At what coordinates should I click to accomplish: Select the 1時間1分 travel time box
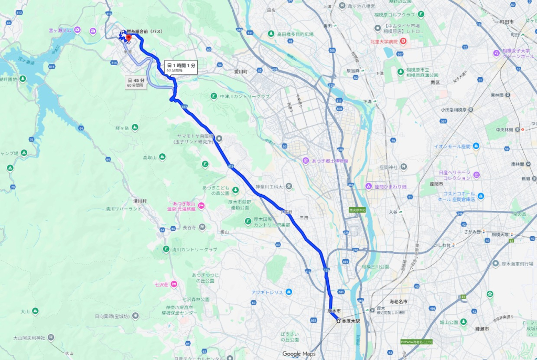(x=181, y=67)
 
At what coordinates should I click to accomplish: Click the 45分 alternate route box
(x=135, y=82)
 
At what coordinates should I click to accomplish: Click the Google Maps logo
(x=298, y=354)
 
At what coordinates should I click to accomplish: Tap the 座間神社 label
(x=392, y=167)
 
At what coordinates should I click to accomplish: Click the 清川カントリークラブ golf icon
(x=166, y=250)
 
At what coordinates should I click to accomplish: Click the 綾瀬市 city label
(x=481, y=329)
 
